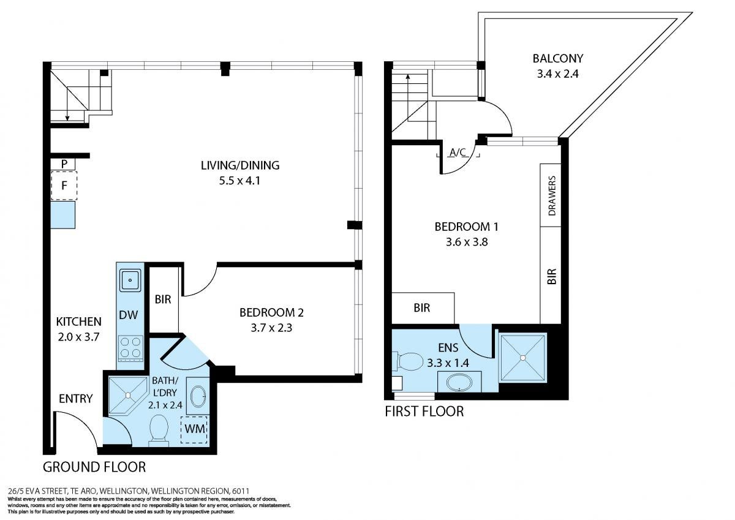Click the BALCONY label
click(557, 58)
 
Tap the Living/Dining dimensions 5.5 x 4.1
click(239, 181)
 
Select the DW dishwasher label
click(128, 315)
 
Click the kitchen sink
click(130, 280)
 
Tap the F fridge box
click(64, 186)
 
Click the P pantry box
click(63, 164)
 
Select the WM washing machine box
click(194, 430)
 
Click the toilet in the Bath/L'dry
click(159, 431)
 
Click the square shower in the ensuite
click(522, 358)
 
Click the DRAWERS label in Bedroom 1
click(552, 196)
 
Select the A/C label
click(458, 153)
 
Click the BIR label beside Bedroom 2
click(163, 300)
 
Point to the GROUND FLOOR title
click(94, 467)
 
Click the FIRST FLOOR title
click(424, 412)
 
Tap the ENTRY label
click(76, 399)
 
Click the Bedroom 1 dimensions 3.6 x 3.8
click(467, 242)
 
